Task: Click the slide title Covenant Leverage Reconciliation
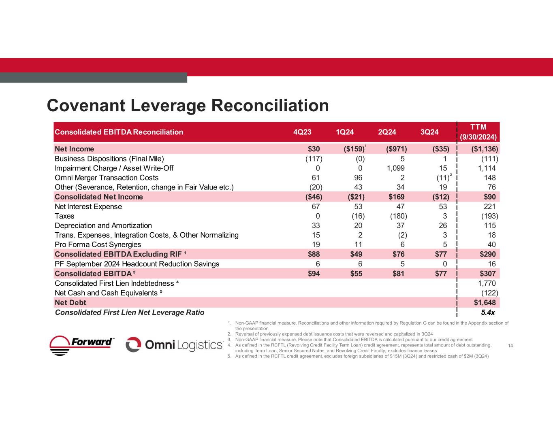[188, 105]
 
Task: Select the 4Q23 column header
[303, 132]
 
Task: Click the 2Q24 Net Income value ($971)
[397, 149]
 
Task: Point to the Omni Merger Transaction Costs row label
[107, 178]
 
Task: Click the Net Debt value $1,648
[485, 302]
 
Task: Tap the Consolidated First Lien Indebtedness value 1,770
[487, 283]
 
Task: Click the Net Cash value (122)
[489, 293]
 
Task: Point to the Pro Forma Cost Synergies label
[98, 244]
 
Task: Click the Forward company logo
[82, 345]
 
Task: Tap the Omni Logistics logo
[174, 345]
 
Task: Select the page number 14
[510, 346]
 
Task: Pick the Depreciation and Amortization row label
[103, 225]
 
